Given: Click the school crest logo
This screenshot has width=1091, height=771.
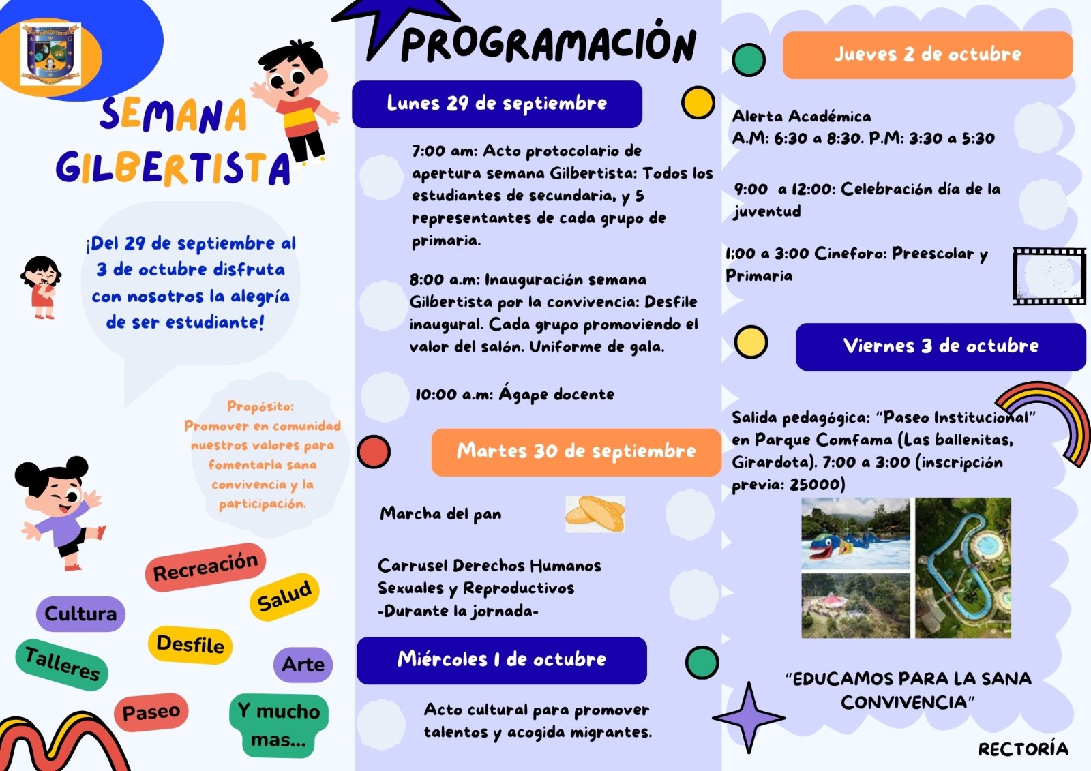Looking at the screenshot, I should click(x=50, y=55).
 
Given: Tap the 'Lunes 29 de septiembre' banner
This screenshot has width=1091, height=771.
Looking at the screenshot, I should click(x=496, y=104).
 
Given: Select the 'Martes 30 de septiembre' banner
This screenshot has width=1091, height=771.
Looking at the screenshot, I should click(x=576, y=451).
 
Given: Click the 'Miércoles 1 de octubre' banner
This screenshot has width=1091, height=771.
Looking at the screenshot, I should click(x=501, y=659).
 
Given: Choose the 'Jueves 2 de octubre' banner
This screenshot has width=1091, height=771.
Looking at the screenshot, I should click(x=927, y=55).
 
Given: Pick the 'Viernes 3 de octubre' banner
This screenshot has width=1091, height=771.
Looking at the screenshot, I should click(x=940, y=346).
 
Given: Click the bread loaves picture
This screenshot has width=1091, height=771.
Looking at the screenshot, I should click(x=595, y=514).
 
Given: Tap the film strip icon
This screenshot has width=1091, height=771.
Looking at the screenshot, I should click(x=1049, y=276).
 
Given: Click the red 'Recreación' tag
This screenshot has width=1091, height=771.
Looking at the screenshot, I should click(x=205, y=567).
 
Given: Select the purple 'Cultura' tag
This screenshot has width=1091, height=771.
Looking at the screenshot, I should click(x=80, y=614).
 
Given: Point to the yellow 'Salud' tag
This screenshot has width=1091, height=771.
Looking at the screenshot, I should click(x=284, y=596).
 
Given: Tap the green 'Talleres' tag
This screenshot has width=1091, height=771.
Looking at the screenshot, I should click(x=62, y=664).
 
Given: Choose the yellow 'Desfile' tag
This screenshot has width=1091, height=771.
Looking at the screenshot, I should click(x=190, y=644).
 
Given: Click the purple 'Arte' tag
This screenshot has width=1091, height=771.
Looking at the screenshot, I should click(x=303, y=664).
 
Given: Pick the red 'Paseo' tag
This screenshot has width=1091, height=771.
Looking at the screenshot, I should click(x=151, y=712).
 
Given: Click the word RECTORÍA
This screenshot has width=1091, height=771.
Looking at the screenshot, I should click(x=1023, y=749).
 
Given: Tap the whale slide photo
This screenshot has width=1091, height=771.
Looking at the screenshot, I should click(x=855, y=534).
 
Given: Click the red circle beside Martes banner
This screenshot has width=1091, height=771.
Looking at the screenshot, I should click(x=374, y=451).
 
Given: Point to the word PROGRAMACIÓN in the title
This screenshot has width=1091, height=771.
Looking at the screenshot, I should click(x=548, y=44).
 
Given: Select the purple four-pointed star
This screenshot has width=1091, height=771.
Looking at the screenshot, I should click(x=748, y=717).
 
